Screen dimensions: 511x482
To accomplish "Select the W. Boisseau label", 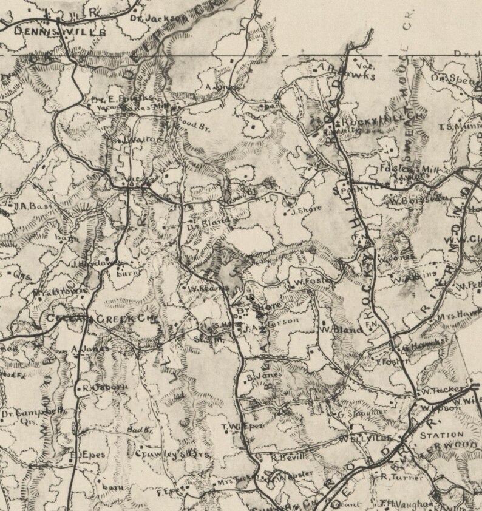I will [x=411, y=198].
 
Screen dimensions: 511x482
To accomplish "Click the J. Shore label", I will [x=305, y=211].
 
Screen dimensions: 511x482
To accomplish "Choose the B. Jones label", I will [x=262, y=377].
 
